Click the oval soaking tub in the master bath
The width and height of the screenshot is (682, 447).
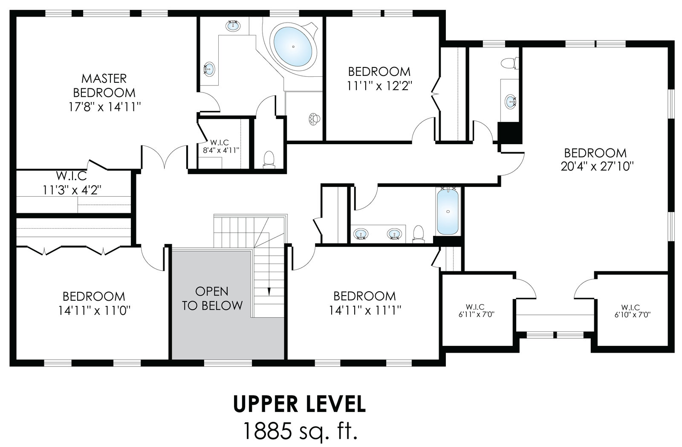point(293,46)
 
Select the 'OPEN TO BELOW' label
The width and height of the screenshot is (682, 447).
point(212,298)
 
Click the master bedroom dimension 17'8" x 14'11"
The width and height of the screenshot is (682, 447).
point(105,107)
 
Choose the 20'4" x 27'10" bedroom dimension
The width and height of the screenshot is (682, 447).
point(595,166)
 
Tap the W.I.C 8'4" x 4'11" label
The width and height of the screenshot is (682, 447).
point(221,146)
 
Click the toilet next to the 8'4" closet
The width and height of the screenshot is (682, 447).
point(269,160)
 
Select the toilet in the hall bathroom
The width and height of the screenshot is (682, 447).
point(419,234)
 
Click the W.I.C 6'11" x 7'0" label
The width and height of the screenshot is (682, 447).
point(476,311)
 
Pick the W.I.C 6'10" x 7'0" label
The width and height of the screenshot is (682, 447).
point(633,311)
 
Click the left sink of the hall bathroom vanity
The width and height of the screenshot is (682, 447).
point(361,234)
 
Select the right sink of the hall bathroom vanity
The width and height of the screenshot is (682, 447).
point(394,234)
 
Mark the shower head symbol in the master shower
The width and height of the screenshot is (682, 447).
point(315,119)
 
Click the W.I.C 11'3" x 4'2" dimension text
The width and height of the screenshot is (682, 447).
point(72,190)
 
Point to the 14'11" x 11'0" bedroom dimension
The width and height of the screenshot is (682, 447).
point(94,311)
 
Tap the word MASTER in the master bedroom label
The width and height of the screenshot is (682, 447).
point(104,78)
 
